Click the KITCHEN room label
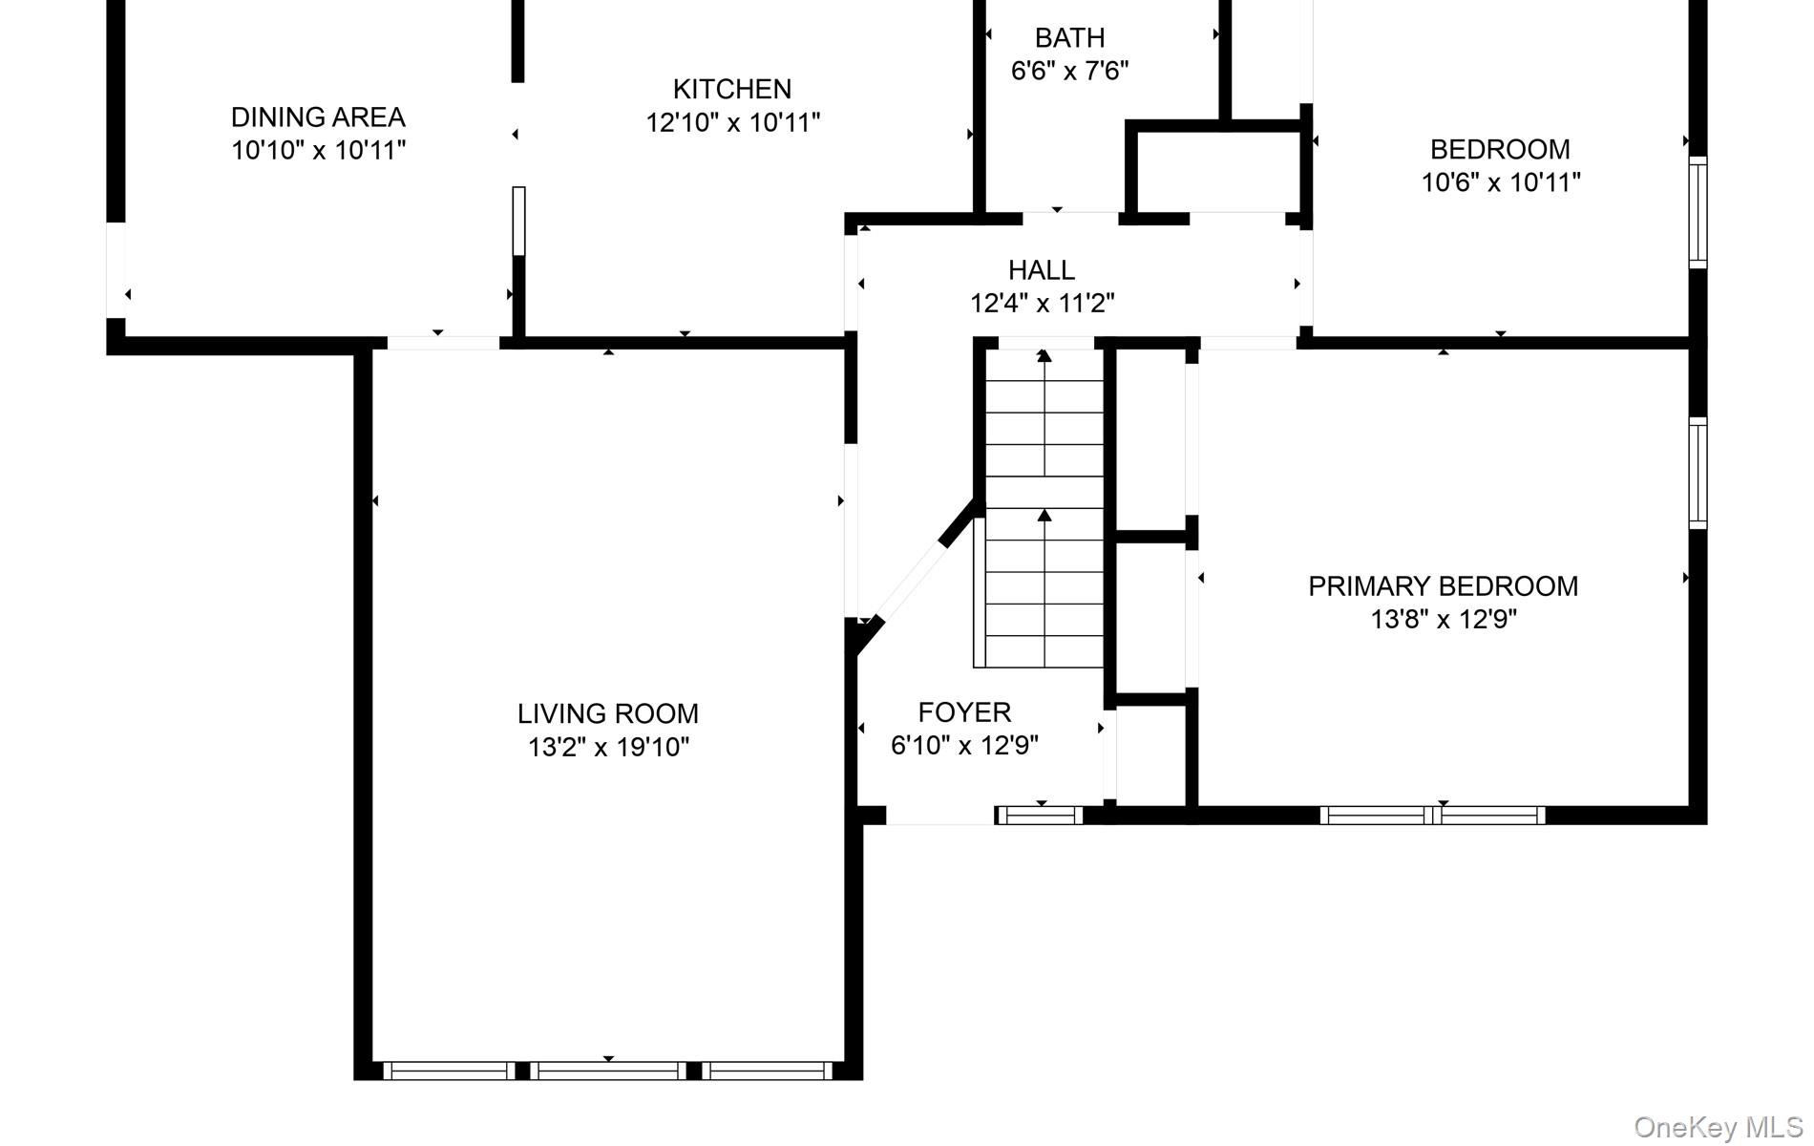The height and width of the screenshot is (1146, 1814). (x=732, y=89)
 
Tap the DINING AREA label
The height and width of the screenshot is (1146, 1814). (x=318, y=117)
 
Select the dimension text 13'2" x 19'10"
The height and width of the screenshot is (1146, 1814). (x=608, y=747)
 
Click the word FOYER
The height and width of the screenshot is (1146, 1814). (x=964, y=712)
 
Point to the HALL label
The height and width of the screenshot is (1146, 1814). (x=1042, y=270)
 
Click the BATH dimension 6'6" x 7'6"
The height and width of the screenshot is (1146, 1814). (x=1069, y=71)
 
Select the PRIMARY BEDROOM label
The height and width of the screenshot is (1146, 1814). (x=1443, y=586)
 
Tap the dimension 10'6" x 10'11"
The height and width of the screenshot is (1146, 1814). (x=1501, y=182)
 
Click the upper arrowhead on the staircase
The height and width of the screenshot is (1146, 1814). (x=1044, y=356)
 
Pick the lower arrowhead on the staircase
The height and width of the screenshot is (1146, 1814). (x=1044, y=516)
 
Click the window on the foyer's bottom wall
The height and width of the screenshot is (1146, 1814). (x=1040, y=815)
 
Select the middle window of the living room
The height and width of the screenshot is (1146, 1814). (x=608, y=1071)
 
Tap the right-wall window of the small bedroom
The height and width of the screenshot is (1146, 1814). (x=1698, y=212)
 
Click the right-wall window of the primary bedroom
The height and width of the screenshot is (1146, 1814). (x=1698, y=473)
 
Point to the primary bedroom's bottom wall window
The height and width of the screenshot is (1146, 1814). (x=1432, y=815)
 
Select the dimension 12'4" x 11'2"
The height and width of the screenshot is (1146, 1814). (x=1042, y=304)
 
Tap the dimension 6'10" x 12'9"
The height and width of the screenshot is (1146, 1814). (x=964, y=746)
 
